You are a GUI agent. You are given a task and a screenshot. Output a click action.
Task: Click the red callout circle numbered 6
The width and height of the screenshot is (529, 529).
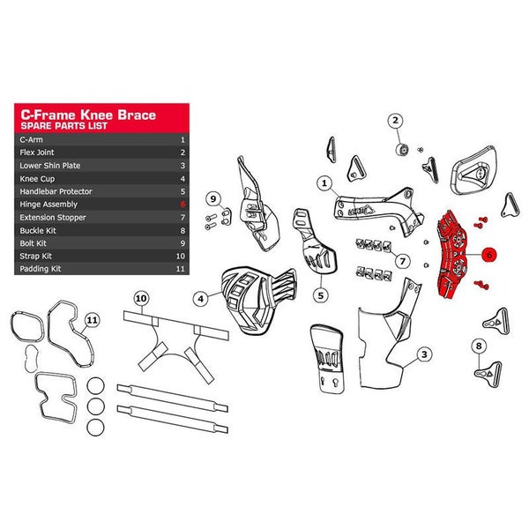[489, 255]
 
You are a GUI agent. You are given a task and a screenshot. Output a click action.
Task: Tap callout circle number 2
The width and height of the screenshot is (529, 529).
[395, 121]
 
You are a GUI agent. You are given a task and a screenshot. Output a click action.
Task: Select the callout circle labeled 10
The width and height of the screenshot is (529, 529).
[141, 298]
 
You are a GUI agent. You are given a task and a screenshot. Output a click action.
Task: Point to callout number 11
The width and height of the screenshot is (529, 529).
[92, 320]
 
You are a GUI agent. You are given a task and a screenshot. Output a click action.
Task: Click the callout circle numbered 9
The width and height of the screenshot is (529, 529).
[213, 198]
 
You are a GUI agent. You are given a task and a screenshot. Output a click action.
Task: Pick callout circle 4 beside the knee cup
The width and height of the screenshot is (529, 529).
[201, 299]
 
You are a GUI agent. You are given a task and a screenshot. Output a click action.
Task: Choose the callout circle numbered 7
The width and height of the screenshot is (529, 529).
[403, 261]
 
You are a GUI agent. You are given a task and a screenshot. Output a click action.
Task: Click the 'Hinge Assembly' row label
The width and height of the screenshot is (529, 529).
[48, 205]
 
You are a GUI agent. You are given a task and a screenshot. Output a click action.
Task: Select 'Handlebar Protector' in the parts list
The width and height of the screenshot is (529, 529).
[56, 191]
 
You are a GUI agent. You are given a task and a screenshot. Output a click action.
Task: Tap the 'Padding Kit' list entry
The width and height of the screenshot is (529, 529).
[41, 269]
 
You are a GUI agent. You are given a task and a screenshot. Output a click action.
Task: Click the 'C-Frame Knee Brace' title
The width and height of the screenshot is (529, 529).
[88, 115]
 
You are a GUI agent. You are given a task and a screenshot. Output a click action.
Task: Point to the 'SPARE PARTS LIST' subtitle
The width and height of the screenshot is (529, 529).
[63, 126]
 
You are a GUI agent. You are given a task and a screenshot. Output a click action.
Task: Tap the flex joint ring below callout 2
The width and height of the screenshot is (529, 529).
[402, 149]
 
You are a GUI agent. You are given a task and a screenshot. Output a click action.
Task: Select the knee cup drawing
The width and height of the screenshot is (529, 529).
[258, 301]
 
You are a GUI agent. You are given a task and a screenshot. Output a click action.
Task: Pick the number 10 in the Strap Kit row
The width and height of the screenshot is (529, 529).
[181, 256]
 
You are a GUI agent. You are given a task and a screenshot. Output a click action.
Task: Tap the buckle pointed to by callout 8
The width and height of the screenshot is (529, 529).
[488, 374]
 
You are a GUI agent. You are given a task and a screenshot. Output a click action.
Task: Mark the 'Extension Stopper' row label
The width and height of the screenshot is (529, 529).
[53, 218]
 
